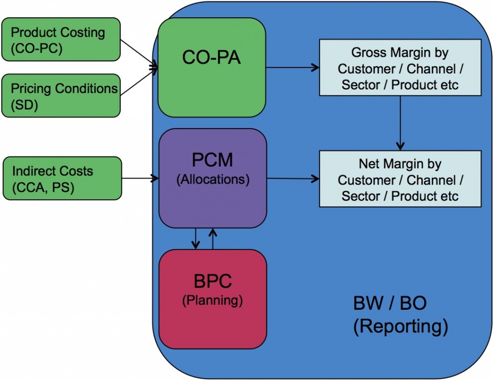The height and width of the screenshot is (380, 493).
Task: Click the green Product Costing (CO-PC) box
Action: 61,39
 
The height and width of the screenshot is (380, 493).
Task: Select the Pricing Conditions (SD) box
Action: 61,95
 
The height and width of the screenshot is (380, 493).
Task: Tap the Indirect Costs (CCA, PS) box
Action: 61,178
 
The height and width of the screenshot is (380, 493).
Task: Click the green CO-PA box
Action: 212,67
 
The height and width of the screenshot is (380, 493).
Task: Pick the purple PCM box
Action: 212,178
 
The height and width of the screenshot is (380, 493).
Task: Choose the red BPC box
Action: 212,299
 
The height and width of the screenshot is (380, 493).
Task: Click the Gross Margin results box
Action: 401,68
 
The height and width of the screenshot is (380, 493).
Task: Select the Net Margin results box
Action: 401,179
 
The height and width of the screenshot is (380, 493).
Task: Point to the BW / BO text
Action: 390,304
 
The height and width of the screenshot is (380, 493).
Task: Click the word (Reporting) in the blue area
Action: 401,326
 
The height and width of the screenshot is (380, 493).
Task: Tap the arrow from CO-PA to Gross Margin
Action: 293,68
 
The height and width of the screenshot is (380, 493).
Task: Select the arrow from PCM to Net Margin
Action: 293,179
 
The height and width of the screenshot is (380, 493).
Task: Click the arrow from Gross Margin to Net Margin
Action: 401,122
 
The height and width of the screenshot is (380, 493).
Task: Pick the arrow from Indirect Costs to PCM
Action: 140,178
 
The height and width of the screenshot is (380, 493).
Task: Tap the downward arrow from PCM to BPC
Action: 195,238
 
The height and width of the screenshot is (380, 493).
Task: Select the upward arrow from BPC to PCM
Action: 212,238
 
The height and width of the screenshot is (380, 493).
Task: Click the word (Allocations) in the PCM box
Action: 212,180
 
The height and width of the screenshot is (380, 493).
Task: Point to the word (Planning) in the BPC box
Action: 212,300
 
